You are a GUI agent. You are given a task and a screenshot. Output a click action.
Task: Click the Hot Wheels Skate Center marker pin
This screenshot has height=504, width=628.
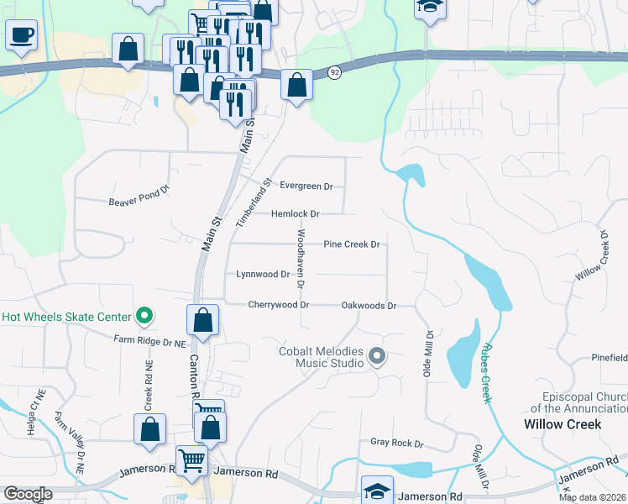144,317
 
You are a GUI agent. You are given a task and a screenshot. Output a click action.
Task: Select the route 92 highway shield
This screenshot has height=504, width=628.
335,73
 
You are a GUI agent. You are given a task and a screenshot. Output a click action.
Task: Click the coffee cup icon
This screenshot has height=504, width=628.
21,36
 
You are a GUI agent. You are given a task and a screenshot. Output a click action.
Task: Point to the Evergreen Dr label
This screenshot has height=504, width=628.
306,186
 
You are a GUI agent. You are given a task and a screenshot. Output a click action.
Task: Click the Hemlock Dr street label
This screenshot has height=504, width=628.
295,214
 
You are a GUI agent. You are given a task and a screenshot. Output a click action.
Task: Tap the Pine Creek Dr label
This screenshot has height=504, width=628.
353,244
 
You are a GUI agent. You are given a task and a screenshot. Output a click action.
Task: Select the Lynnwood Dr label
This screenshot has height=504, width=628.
262,274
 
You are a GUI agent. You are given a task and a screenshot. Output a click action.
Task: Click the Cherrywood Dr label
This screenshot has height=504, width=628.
279,305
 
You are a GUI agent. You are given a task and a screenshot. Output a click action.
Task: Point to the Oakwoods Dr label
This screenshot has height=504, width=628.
369,306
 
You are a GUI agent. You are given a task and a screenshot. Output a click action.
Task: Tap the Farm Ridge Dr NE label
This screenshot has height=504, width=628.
149,342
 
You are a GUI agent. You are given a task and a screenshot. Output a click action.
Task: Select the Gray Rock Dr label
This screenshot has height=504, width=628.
397,443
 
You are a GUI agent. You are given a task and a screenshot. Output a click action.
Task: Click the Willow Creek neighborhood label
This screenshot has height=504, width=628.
563,424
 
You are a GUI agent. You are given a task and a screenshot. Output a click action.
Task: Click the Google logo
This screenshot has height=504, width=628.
28,494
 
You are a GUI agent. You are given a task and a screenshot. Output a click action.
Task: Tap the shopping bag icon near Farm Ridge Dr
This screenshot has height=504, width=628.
203,321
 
